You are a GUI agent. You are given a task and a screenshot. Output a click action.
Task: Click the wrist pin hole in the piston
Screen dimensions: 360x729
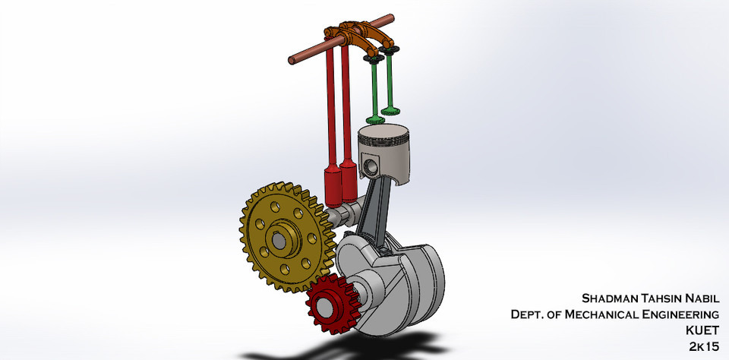click(x=371, y=166)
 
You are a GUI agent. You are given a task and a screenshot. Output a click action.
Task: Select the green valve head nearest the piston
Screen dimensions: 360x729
click(x=375, y=119)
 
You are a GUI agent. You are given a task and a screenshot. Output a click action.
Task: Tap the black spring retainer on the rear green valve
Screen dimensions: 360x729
click(x=393, y=50)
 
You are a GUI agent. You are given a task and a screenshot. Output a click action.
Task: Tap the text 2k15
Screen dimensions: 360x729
click(x=704, y=346)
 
